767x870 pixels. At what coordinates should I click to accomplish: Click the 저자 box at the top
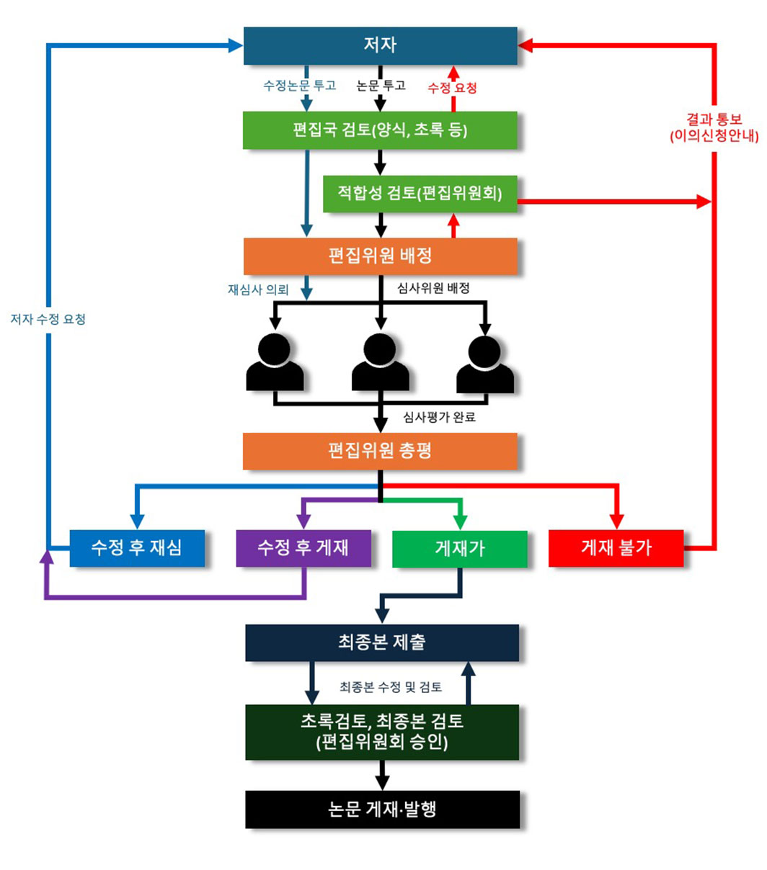tap(380, 45)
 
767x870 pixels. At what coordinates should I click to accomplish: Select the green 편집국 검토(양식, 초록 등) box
tap(380, 130)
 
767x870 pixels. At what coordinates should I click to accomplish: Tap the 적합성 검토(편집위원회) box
tap(420, 193)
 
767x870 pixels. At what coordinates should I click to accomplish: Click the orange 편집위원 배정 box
tap(380, 256)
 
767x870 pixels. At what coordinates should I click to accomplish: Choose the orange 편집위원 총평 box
tap(380, 452)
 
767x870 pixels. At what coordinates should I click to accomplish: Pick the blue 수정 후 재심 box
tap(136, 548)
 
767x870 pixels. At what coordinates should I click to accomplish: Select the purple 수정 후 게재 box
tap(303, 548)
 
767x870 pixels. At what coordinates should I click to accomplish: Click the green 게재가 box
tap(459, 549)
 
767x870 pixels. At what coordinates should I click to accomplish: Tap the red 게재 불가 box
tap(616, 548)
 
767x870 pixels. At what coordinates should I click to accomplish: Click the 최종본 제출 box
tap(381, 642)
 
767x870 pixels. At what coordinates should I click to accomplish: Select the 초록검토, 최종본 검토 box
tap(381, 732)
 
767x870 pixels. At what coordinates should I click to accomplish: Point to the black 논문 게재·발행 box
tap(382, 810)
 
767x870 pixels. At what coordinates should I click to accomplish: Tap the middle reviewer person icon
tap(380, 362)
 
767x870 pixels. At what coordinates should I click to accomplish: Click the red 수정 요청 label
tap(452, 88)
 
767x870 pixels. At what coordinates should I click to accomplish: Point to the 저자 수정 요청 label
tap(48, 319)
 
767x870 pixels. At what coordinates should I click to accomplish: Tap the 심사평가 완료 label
tap(439, 417)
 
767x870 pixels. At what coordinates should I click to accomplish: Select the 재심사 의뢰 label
tap(258, 290)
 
